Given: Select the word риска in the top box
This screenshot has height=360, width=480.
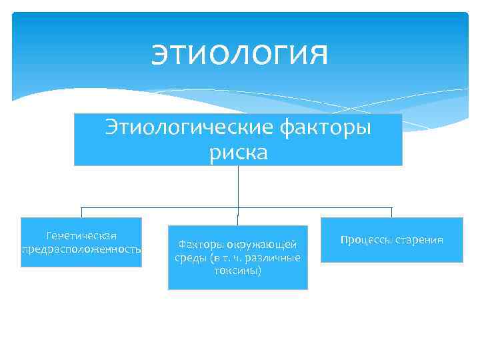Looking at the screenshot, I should tap(238, 153).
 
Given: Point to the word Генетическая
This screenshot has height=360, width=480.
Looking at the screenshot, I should tap(81, 236).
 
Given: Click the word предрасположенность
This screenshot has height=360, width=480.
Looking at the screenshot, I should tap(81, 249).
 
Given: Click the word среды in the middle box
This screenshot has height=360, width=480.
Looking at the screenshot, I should tap(187, 258).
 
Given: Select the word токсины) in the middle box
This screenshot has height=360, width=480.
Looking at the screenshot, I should tap(238, 271).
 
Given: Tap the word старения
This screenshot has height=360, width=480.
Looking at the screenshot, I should tap(420, 239).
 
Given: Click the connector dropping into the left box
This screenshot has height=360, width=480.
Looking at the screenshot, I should tap(81, 213).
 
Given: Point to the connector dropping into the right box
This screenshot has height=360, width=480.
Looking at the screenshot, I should tap(392, 213).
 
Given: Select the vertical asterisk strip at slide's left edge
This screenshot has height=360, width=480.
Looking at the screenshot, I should tap(6, 180).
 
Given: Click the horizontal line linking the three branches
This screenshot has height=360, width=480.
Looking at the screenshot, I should tap(160, 208).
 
